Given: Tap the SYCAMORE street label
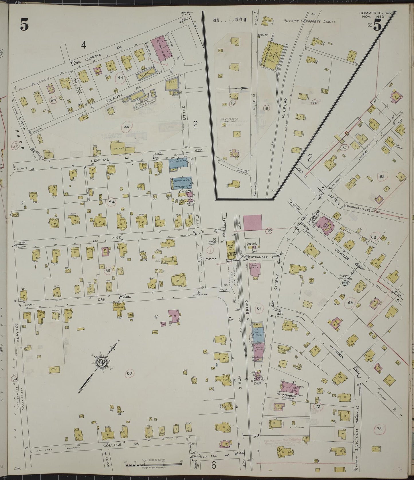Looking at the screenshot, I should click(x=260, y=257).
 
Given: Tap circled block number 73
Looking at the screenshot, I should click(x=379, y=428).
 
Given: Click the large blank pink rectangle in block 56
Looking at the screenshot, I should click(x=252, y=222).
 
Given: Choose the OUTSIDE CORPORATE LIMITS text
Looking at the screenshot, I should click(x=309, y=21).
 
